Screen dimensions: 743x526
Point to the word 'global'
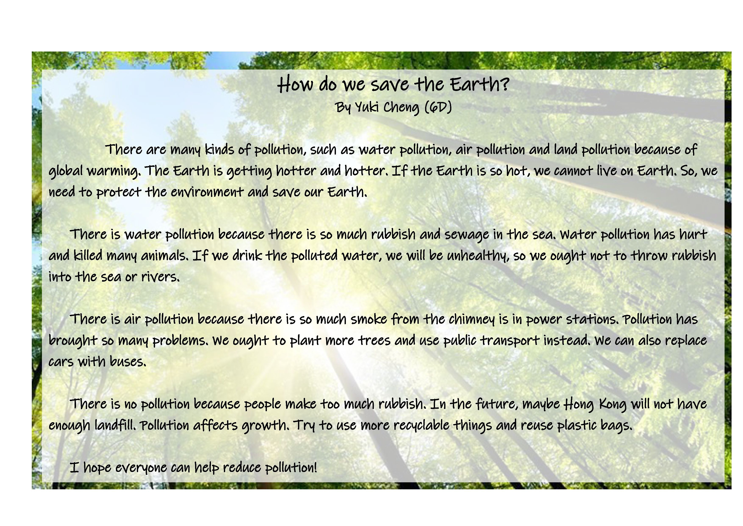point(66,171)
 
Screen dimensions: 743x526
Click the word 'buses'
point(128,361)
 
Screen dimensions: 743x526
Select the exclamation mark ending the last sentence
point(315,467)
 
